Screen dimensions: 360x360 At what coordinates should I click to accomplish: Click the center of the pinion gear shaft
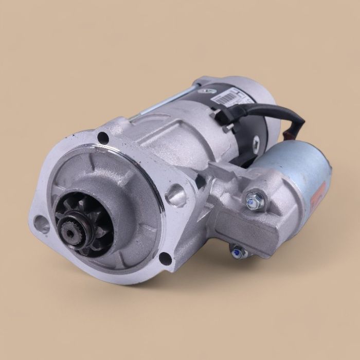(69, 231)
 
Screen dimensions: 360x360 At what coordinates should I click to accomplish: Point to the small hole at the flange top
(103, 137)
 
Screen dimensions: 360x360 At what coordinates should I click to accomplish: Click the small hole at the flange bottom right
(165, 259)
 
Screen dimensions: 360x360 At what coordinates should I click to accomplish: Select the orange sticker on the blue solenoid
(319, 195)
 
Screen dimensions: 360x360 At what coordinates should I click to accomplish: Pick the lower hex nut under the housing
(237, 251)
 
